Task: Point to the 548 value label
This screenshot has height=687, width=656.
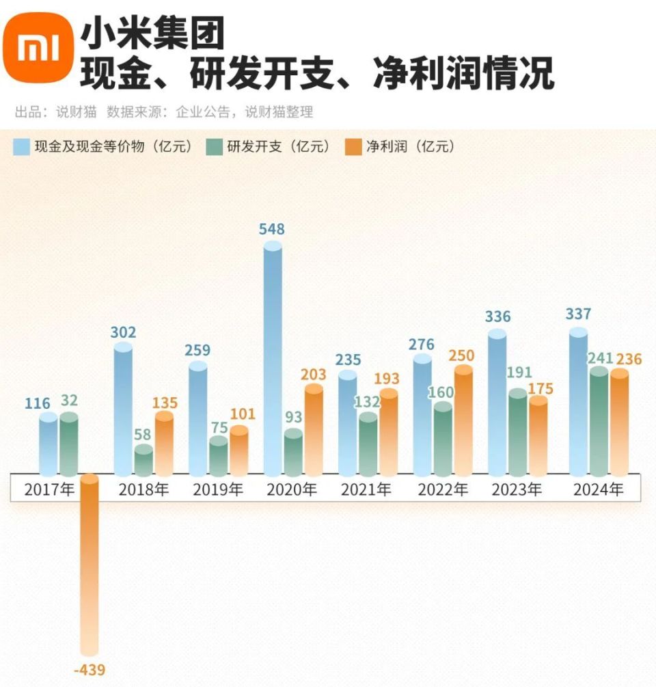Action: point(272,229)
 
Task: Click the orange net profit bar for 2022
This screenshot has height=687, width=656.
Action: point(463,421)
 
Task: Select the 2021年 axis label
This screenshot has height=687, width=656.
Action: point(367,490)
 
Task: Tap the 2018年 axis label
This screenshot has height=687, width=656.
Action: point(143,490)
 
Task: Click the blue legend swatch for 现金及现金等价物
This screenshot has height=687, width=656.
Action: point(21,147)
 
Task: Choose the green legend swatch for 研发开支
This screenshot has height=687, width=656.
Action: point(215,147)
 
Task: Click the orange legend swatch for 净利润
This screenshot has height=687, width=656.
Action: point(354,147)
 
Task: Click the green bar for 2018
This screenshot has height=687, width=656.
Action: point(143,461)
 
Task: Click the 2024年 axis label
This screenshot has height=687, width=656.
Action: point(598,490)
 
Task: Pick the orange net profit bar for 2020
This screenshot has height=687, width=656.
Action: point(314,431)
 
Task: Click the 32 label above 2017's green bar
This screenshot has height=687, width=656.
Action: point(69,400)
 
